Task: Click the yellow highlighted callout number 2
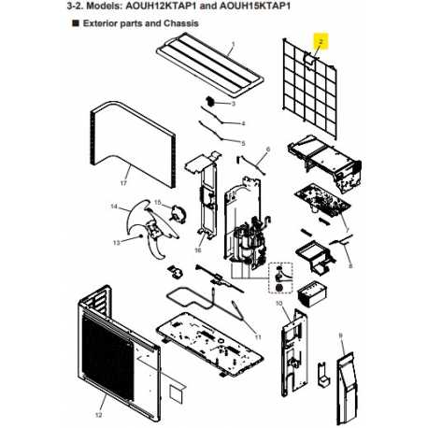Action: coord(321,41)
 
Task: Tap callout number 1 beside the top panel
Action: coord(233,44)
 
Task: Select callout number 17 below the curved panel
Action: coord(123,183)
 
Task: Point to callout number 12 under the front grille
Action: coord(98,415)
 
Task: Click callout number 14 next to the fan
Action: coord(114,207)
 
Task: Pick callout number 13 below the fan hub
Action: coord(117,243)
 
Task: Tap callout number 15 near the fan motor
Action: coord(158,203)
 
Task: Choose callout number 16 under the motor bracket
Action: coord(198,250)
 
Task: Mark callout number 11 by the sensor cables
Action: coord(258,337)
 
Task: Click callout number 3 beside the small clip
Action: coord(233,104)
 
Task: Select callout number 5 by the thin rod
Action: coord(243,144)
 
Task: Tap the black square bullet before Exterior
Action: coord(76,23)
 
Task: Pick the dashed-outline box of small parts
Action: coord(280,278)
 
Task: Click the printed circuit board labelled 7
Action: coord(322,201)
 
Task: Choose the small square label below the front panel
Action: coord(177,393)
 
